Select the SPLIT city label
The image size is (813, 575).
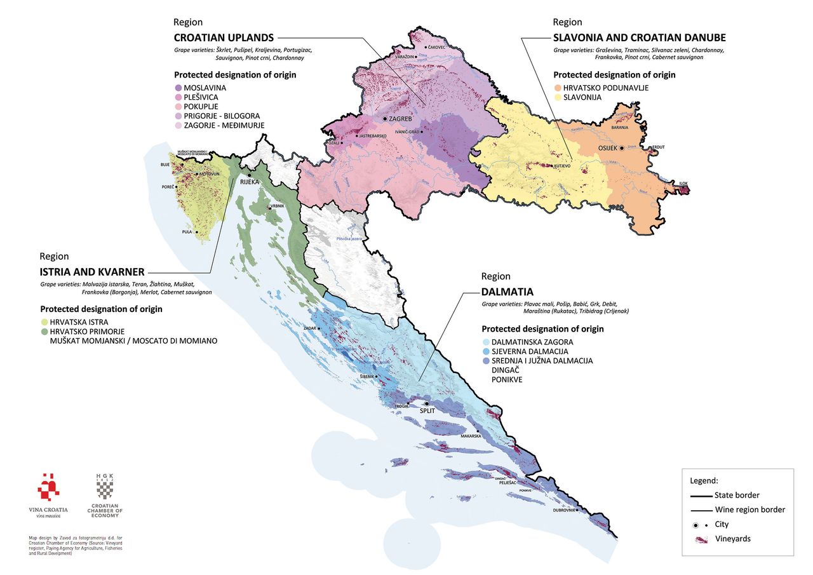click(429, 410)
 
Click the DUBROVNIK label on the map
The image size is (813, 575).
click(564, 510)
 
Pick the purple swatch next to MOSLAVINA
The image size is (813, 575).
click(178, 87)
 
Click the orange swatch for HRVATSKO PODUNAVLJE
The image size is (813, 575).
click(558, 88)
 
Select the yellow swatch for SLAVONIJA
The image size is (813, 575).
click(558, 97)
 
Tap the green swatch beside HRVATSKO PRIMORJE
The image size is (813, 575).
click(44, 332)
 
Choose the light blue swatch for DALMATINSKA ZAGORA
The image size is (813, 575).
click(486, 342)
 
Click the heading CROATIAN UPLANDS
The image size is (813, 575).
click(224, 37)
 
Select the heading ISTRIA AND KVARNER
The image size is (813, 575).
click(91, 272)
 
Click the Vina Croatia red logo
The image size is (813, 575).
click(48, 487)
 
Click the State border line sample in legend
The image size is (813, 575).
click(701, 495)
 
